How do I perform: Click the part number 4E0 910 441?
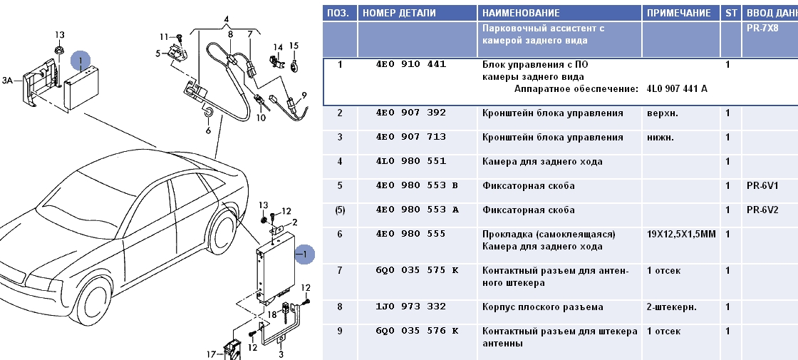click(x=410, y=64)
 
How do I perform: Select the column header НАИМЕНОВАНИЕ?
click(x=521, y=13)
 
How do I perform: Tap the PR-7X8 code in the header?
click(x=762, y=29)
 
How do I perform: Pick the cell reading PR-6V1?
click(x=762, y=186)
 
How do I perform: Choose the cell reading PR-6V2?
click(x=762, y=210)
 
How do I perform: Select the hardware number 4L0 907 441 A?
click(x=677, y=89)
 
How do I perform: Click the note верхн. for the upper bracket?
click(x=660, y=113)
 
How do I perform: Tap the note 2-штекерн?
click(x=671, y=307)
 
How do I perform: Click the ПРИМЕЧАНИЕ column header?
click(x=678, y=13)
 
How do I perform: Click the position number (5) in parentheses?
click(x=340, y=210)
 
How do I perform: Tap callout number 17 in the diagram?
click(x=211, y=354)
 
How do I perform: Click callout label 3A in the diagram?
click(x=8, y=81)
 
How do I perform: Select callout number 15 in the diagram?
click(x=294, y=46)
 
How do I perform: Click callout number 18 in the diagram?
click(x=272, y=314)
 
